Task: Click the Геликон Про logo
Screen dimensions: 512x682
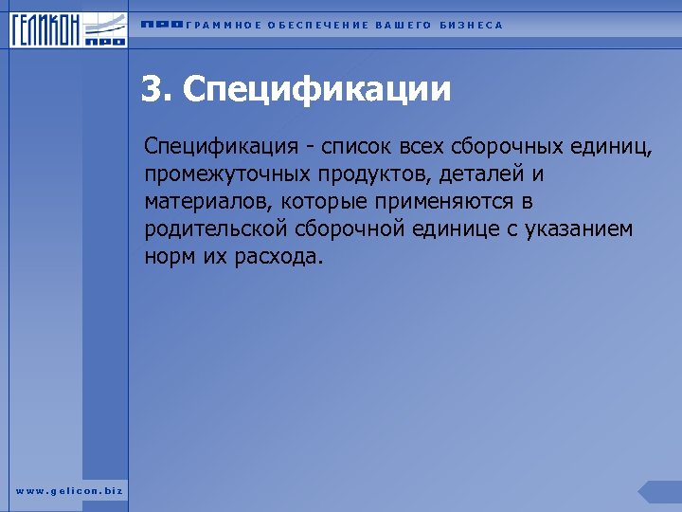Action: point(69,28)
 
